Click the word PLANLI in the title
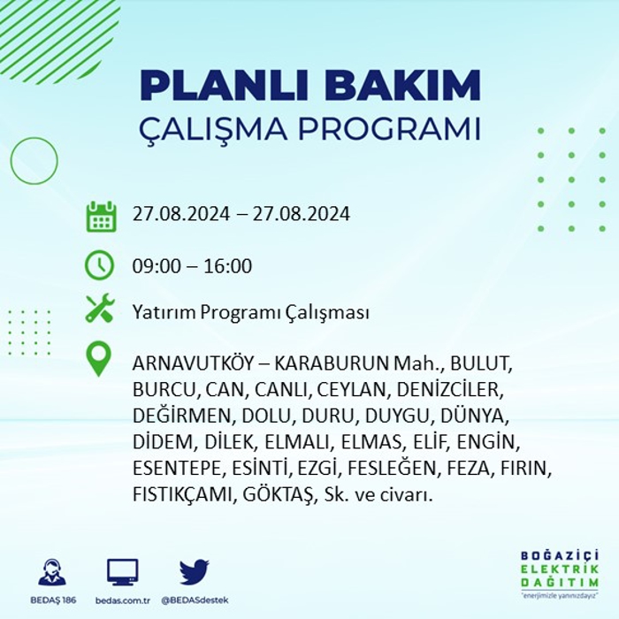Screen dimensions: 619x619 [x=224, y=86]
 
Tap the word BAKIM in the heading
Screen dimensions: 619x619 [x=402, y=86]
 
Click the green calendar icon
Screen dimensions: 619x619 [x=101, y=217]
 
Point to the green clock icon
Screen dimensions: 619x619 [x=99, y=265]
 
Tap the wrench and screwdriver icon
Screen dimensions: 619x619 [x=100, y=308]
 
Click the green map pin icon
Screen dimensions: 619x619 [x=99, y=358]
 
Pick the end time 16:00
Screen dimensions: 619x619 [x=228, y=265]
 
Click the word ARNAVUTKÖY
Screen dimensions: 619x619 [x=193, y=363]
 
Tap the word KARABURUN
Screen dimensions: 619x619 [x=332, y=363]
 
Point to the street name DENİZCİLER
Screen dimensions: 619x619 [x=450, y=390]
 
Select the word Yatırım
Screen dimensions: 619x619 [x=164, y=312]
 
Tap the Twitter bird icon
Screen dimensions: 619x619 [x=195, y=571]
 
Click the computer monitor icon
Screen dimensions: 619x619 [x=123, y=572]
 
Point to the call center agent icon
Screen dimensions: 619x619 [x=52, y=571]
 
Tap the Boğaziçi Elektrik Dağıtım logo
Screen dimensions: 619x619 [x=560, y=574]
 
